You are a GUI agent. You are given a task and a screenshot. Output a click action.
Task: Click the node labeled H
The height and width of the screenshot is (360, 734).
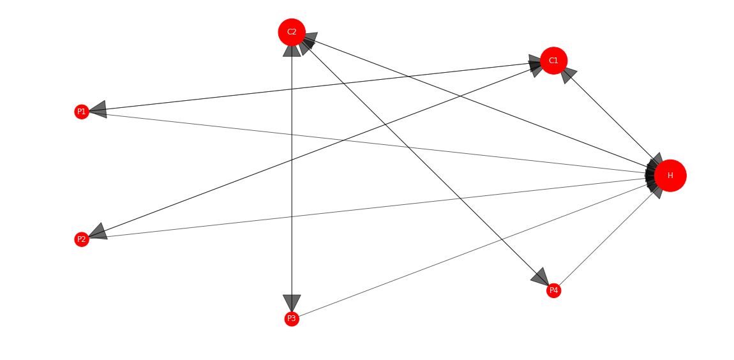pyautogui.click(x=670, y=176)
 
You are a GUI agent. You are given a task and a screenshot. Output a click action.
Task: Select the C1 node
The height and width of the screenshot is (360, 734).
pyautogui.click(x=553, y=61)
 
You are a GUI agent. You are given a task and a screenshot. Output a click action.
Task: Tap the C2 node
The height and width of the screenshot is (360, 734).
pyautogui.click(x=292, y=33)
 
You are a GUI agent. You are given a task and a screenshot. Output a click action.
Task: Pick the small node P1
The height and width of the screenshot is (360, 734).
pyautogui.click(x=82, y=112)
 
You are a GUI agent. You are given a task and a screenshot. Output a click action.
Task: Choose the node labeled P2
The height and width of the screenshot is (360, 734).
pyautogui.click(x=82, y=239)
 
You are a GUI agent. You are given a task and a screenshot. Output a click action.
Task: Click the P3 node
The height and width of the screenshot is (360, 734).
pyautogui.click(x=292, y=319)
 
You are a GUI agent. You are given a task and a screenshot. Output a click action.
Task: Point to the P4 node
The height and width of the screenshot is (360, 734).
pyautogui.click(x=553, y=290)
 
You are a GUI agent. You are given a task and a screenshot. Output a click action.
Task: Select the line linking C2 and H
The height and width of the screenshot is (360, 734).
pyautogui.click(x=480, y=103)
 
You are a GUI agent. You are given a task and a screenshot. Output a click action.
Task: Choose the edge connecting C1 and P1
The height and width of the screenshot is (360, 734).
pyautogui.click(x=314, y=87)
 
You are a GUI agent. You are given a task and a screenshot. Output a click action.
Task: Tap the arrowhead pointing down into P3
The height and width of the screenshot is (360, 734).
pyautogui.click(x=292, y=303)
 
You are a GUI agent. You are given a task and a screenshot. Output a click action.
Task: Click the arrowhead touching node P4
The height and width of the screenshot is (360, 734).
pyautogui.click(x=541, y=276)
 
